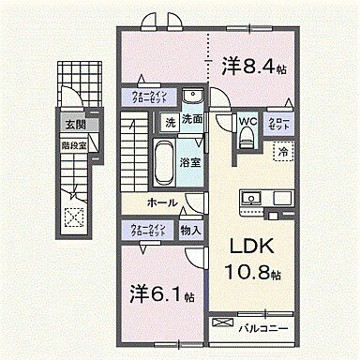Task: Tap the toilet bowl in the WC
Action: pyautogui.click(x=247, y=139)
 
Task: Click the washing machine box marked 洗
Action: pyautogui.click(x=170, y=121)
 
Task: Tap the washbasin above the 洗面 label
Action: pyautogui.click(x=192, y=98)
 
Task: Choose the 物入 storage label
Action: pyautogui.click(x=189, y=230)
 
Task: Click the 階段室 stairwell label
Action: pyautogui.click(x=73, y=146)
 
